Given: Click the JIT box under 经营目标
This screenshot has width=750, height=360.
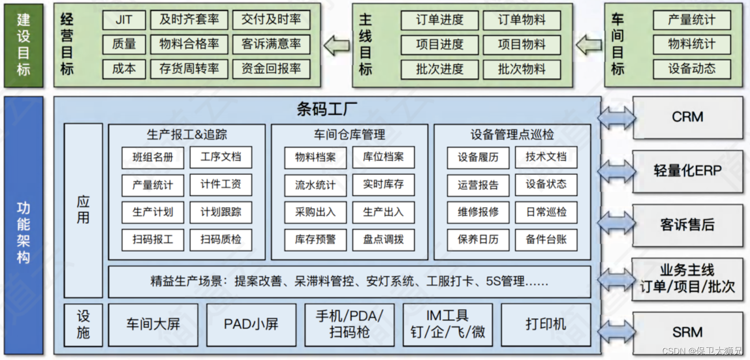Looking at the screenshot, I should [124, 20].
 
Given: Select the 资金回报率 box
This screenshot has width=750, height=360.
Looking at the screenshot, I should [271, 69].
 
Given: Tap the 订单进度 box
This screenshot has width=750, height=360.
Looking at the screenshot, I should [439, 20].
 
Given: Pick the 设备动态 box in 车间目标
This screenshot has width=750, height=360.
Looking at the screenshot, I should [691, 69].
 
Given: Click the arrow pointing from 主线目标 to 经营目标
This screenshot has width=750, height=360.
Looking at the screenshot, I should [336, 45].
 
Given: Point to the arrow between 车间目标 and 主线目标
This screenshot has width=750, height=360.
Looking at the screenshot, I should [588, 45].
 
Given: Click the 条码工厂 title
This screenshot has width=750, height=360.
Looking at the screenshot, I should [327, 110].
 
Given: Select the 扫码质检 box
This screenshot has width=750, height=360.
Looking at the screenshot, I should [221, 240].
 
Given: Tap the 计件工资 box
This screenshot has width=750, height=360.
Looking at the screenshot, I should [221, 185].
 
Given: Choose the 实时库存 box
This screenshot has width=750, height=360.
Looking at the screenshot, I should [383, 185].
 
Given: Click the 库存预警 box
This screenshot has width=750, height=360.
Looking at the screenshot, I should [315, 240].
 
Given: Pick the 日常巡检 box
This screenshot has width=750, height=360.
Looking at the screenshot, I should [546, 212].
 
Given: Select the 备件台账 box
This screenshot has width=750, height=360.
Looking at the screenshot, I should [546, 240].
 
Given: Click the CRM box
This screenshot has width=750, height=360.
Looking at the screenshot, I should [687, 117].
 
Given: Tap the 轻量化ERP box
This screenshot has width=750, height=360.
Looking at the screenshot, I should [687, 171].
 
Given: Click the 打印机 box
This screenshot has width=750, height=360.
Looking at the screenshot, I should [546, 324].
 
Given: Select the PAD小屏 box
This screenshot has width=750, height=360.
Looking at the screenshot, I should [251, 324].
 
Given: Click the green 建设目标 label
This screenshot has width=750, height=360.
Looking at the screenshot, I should [23, 45].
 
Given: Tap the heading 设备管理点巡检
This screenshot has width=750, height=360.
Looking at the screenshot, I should [512, 135].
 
